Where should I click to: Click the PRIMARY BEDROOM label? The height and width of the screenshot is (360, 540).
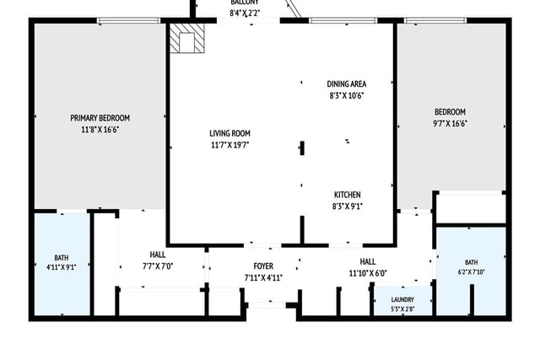[x=100, y=118]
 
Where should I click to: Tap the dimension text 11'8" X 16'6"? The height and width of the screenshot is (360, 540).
[x=100, y=130]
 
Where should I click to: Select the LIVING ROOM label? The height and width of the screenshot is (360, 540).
[x=229, y=133]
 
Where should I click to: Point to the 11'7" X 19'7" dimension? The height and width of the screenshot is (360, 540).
[x=229, y=145]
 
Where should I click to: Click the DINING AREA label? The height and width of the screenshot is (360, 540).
[x=347, y=84]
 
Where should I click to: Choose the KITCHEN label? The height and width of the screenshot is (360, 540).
[x=347, y=195]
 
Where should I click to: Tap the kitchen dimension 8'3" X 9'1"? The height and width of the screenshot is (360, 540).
[x=347, y=207]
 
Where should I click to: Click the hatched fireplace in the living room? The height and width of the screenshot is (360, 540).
[x=187, y=38]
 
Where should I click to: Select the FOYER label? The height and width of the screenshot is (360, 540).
[x=263, y=266]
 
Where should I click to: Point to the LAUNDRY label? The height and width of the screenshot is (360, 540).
[x=402, y=299]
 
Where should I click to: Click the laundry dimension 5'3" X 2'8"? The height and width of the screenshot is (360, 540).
[x=402, y=309]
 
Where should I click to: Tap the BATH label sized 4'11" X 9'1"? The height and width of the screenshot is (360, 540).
[x=62, y=257]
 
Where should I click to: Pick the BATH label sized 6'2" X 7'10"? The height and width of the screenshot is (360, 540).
[x=471, y=262]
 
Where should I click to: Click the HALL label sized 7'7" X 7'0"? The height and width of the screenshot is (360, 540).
[x=158, y=255]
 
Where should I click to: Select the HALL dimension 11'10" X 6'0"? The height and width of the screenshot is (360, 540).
[x=368, y=273]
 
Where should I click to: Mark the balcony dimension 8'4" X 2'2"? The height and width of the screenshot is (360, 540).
[x=245, y=13]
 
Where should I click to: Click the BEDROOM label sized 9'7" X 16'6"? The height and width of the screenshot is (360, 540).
[x=450, y=112]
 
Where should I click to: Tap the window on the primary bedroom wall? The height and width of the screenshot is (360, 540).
[x=128, y=20]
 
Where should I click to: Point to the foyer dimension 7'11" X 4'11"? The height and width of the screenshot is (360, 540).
[x=263, y=277]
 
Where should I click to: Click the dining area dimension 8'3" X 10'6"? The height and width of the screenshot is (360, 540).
[x=347, y=95]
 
